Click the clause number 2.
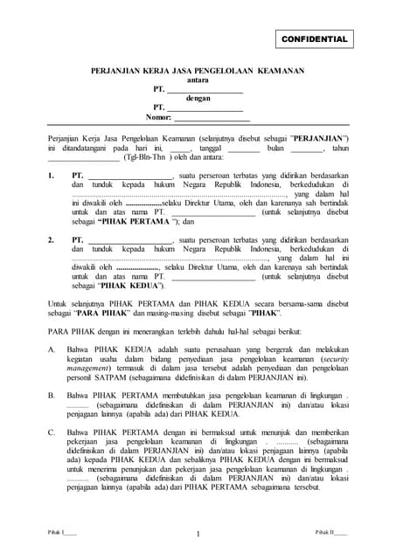51,238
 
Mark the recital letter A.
51,349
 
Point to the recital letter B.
51,395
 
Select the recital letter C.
51,431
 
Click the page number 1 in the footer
198,534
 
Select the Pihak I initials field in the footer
61,531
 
